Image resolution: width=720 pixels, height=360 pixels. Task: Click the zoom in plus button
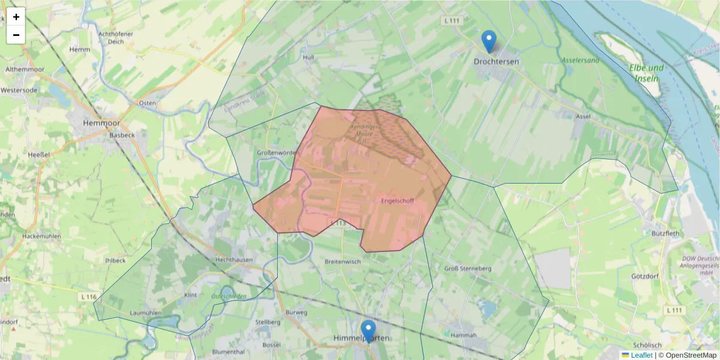(16, 17)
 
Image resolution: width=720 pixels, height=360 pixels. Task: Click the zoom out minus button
(16, 35)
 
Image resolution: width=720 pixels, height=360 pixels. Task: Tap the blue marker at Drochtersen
(489, 41)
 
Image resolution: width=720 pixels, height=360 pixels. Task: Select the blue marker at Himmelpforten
(368, 331)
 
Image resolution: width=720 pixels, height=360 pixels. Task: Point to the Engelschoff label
(397, 201)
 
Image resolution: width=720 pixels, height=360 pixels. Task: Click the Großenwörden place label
(278, 152)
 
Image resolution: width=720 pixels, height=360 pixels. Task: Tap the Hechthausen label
(233, 260)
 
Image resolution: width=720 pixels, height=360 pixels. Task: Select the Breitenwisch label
(342, 262)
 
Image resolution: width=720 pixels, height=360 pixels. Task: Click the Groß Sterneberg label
(468, 268)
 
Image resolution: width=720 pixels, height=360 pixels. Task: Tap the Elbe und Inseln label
(647, 73)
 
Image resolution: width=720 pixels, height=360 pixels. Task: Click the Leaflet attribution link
(641, 355)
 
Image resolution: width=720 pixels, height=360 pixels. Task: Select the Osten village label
(147, 103)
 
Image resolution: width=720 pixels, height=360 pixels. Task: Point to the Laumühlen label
(146, 313)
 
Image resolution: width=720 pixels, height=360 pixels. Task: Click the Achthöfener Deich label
(116, 38)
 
